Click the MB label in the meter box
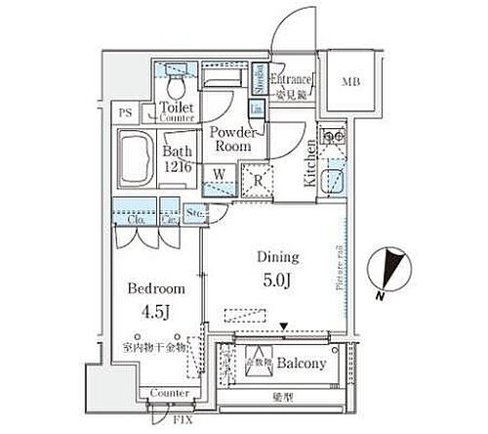[348, 80]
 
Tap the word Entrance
[291, 79]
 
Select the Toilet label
[178, 107]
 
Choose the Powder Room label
[232, 139]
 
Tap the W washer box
[222, 175]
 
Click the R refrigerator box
[258, 179]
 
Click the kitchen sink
[334, 182]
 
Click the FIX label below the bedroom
[183, 420]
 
